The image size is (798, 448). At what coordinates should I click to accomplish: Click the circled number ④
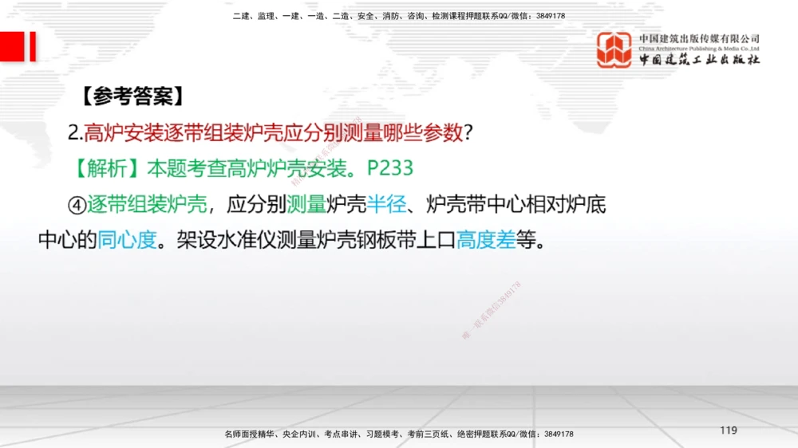click(77, 205)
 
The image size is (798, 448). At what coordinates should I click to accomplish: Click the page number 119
click(728, 430)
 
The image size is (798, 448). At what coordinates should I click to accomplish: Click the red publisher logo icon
click(614, 49)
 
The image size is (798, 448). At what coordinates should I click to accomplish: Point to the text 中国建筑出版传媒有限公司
click(699, 38)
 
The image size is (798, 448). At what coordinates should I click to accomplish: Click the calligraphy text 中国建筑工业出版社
click(699, 61)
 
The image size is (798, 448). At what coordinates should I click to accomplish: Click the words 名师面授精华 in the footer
click(249, 434)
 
